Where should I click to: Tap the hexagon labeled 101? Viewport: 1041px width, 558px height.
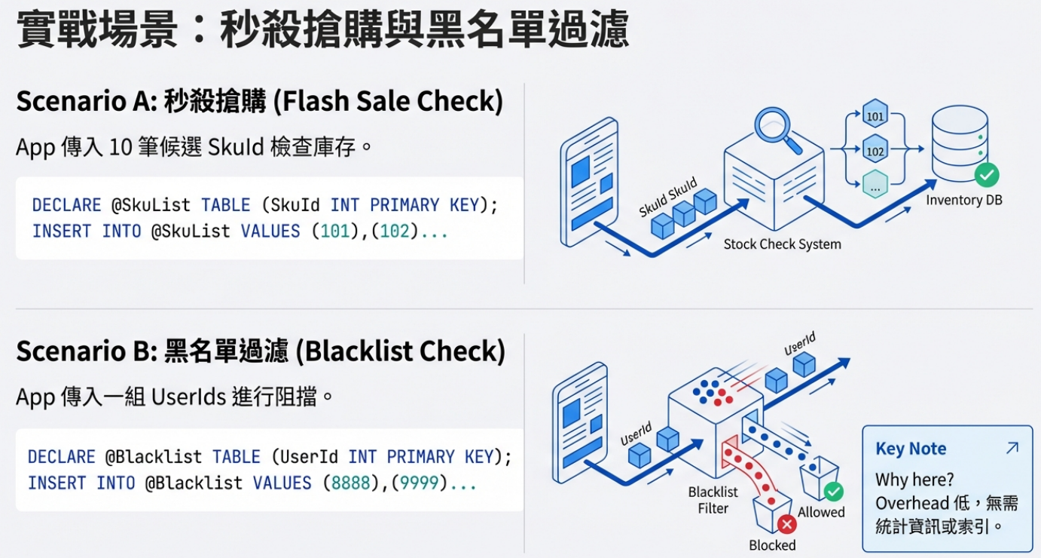875,114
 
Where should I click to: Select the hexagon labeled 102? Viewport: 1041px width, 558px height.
875,149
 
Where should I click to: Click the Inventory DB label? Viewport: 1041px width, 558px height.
964,200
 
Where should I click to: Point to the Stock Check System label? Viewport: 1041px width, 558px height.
782,244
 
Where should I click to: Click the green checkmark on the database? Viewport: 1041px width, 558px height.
987,175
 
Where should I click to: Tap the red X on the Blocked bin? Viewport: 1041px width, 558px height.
787,525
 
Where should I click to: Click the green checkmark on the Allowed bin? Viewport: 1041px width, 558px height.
833,492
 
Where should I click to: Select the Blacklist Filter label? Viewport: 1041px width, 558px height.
713,500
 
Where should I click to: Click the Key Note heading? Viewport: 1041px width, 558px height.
911,448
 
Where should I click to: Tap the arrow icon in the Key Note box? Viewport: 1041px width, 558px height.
1012,448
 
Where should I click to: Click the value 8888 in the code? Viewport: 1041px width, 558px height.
350,483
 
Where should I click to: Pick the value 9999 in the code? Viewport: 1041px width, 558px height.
420,483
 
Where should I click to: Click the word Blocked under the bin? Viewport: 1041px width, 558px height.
772,545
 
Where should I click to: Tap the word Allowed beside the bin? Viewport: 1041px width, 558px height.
821,512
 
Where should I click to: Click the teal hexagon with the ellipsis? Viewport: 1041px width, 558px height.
875,184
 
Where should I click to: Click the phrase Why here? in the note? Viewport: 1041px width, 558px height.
914,480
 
